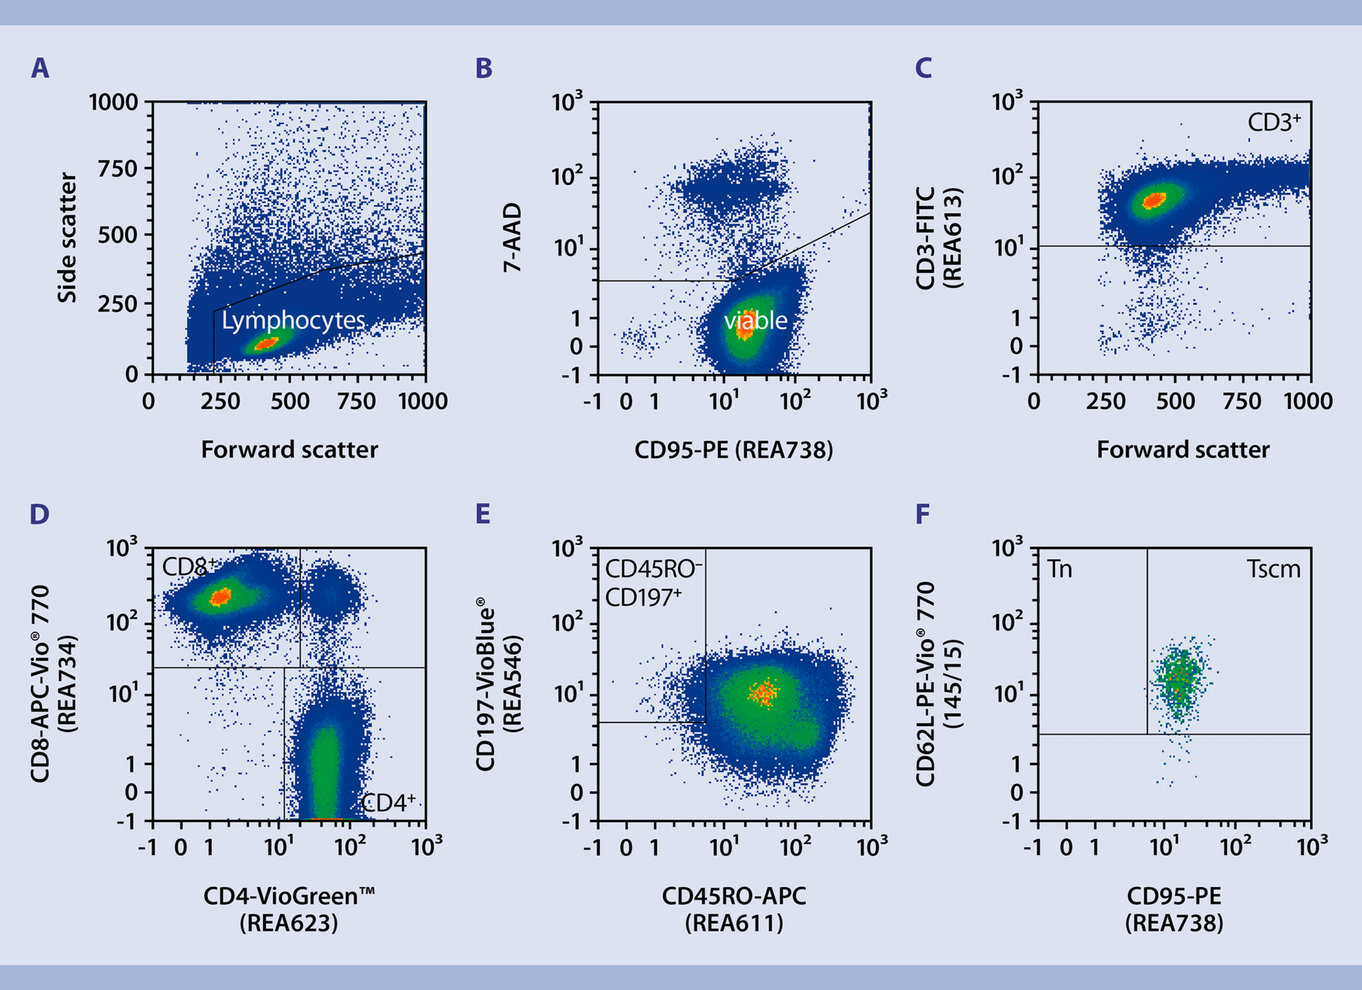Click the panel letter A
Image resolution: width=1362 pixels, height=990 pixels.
coord(40,68)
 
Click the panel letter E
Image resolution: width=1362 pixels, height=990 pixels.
coord(483,513)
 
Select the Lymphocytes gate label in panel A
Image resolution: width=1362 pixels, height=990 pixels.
coord(293,321)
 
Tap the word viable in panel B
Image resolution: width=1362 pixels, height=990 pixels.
coord(755,321)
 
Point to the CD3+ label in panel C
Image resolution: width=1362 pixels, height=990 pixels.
coord(1274,123)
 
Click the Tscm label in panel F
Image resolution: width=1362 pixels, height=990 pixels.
coord(1273,569)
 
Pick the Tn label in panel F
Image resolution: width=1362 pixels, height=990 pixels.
coord(1060,569)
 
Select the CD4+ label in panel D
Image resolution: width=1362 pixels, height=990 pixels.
coord(388,803)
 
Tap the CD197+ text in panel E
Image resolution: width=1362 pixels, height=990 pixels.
coord(643,598)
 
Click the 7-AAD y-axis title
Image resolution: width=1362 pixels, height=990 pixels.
coord(512,238)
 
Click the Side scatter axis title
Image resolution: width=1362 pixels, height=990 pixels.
coord(67,238)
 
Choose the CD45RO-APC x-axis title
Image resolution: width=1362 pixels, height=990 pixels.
coord(733,896)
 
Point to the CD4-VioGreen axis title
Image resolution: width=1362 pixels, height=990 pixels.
coord(289,896)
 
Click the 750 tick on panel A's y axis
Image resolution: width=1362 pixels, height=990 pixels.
coord(117,169)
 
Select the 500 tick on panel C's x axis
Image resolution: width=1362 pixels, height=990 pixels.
coord(1175,401)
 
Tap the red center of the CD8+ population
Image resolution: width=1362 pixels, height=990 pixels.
coord(221,597)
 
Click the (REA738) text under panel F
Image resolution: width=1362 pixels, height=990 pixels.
coord(1174,923)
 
